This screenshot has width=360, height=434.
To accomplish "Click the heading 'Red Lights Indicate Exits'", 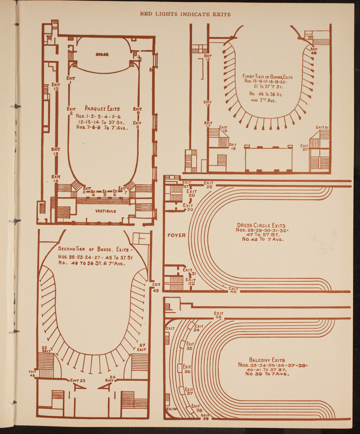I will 185,14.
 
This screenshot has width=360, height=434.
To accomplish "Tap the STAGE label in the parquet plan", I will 102,54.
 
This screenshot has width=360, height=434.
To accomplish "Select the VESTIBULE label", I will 106,211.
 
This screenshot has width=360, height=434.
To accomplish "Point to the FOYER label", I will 176,235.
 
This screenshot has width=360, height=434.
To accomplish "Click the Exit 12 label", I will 56,87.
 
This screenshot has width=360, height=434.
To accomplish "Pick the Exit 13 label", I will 56,152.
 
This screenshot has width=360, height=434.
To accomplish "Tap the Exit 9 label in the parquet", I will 138,111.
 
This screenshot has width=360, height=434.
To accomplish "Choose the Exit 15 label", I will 208,57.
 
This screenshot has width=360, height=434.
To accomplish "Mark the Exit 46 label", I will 314,51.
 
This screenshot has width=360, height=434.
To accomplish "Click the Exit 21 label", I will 321,127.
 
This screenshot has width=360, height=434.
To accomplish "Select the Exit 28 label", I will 209,185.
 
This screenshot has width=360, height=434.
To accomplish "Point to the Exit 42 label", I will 233,290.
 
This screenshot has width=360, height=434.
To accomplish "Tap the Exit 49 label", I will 156,288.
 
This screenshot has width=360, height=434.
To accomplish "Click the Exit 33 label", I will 219,315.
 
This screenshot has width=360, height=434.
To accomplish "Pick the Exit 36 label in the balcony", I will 187,369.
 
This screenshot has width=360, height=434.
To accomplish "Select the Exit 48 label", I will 32,374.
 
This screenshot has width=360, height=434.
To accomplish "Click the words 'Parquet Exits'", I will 102,109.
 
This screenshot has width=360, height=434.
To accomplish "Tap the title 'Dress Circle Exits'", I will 261,225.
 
